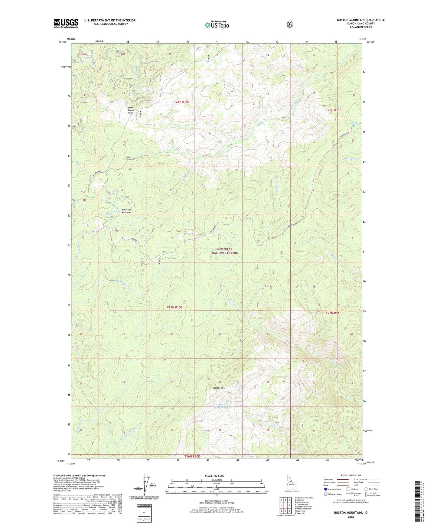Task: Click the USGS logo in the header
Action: (66, 23)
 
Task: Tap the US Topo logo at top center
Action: (217, 25)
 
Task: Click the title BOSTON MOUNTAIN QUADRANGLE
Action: (360, 20)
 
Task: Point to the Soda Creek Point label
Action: (131, 110)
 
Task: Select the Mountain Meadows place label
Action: (126, 211)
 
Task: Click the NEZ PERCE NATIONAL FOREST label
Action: (224, 251)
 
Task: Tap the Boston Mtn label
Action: (219, 388)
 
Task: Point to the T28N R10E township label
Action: (181, 102)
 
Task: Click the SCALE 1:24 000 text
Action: (214, 476)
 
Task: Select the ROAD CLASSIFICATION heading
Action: (351, 475)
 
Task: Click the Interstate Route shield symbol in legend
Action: (325, 489)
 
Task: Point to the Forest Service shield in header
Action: (289, 24)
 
